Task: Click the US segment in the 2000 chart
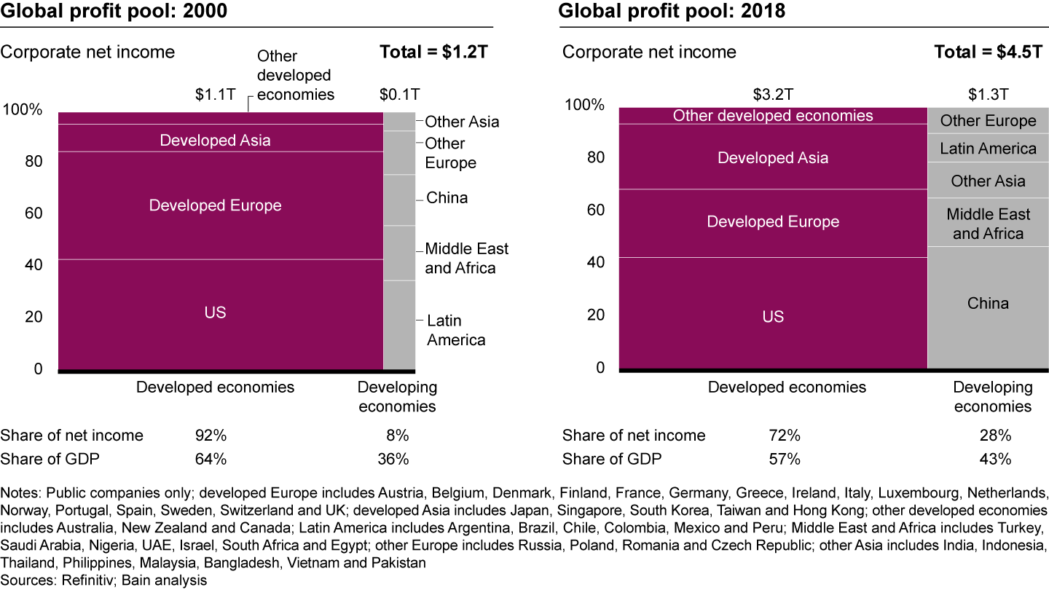click(x=215, y=313)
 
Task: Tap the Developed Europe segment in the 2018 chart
click(x=773, y=222)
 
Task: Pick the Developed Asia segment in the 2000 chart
click(x=215, y=140)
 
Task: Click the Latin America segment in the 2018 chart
click(x=988, y=149)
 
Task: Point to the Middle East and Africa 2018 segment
click(x=988, y=224)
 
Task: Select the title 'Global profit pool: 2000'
click(x=114, y=12)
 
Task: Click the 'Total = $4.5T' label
click(x=987, y=52)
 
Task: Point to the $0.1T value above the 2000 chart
click(x=399, y=94)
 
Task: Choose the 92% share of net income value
click(x=211, y=436)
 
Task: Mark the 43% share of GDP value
click(x=994, y=459)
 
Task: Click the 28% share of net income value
click(x=994, y=436)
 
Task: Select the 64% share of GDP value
click(x=211, y=459)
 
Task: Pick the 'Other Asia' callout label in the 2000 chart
click(x=462, y=122)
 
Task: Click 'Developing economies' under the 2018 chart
click(x=992, y=397)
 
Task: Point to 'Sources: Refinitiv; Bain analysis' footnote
click(x=104, y=580)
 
